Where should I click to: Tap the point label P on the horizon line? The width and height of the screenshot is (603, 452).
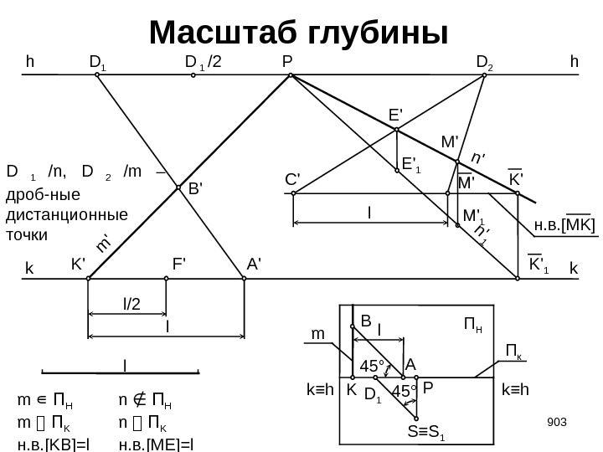[x=287, y=61]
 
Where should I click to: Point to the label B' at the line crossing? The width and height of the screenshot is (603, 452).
[x=195, y=190]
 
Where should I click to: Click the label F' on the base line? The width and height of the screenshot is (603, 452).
[x=179, y=262]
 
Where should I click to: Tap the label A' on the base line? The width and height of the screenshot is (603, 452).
[x=254, y=262]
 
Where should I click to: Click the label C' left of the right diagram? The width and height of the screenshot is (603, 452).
[x=292, y=179]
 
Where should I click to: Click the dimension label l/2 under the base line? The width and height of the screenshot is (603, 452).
[x=131, y=306]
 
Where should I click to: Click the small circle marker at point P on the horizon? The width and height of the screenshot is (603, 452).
[x=291, y=75]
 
